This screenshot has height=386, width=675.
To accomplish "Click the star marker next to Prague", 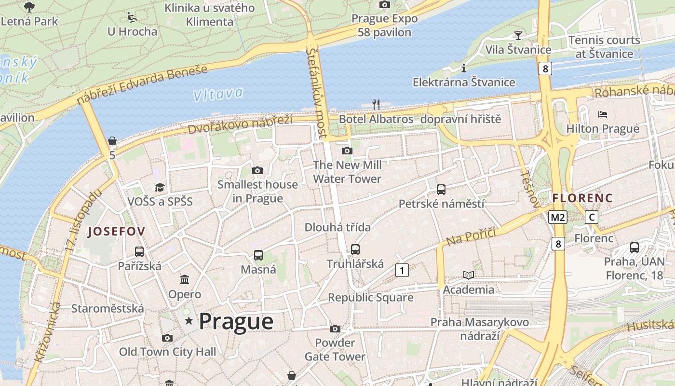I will [x=189, y=321].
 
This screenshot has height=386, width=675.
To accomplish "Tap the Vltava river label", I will [x=218, y=94].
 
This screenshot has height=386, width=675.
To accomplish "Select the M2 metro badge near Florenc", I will [x=558, y=217].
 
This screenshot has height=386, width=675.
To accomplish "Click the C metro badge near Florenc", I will [x=592, y=217].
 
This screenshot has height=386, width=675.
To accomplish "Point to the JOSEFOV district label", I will [x=116, y=232].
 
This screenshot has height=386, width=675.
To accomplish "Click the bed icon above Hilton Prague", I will [x=603, y=114].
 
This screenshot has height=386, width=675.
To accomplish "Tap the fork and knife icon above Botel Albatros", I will [x=376, y=104].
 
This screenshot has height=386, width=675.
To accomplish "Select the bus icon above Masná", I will [x=258, y=255].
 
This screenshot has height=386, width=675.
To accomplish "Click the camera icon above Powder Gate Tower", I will [x=335, y=329].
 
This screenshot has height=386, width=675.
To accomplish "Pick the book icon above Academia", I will [x=468, y=275].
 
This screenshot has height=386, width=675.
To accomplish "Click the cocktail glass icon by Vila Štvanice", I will [x=518, y=35].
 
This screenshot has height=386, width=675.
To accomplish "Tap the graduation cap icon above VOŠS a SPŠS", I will [x=160, y=187].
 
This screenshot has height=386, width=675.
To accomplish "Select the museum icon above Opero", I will [x=185, y=280].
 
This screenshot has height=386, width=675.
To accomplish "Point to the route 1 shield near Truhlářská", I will [x=402, y=270].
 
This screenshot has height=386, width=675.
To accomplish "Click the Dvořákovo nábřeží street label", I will [x=240, y=124].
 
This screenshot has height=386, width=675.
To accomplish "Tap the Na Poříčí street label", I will [x=471, y=236].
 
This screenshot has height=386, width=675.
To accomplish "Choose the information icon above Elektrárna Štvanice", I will [x=464, y=68].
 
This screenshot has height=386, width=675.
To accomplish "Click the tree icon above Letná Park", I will [x=29, y=7].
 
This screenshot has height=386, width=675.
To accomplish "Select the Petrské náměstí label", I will [x=441, y=204].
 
